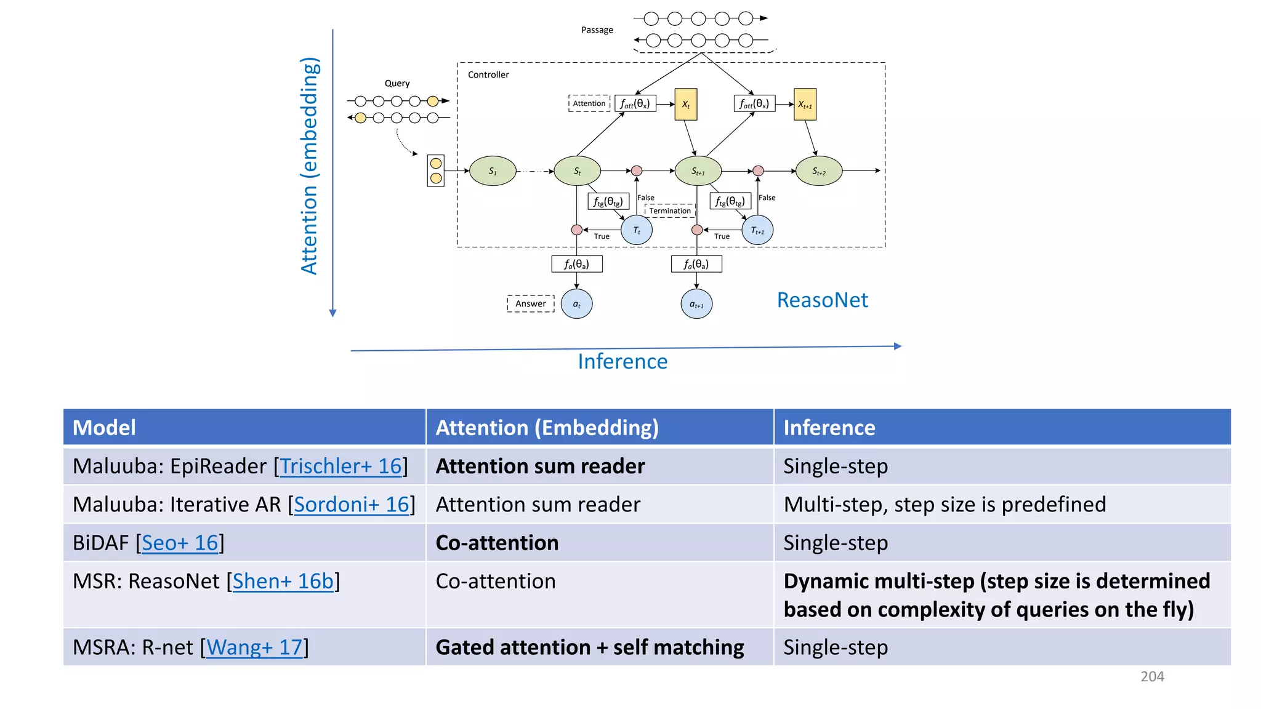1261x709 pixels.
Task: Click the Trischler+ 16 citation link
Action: point(340,467)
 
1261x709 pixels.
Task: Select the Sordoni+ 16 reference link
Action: point(351,505)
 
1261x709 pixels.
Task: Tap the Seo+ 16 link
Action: point(180,543)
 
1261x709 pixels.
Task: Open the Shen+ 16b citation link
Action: point(283,581)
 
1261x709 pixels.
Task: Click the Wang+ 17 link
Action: point(254,647)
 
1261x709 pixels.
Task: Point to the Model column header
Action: point(104,428)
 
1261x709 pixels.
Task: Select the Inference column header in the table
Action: point(829,428)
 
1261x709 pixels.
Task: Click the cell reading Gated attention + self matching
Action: point(589,647)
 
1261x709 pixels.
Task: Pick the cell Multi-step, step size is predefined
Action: point(944,505)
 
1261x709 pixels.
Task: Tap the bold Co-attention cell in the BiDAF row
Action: point(497,543)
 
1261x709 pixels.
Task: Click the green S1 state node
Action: point(493,171)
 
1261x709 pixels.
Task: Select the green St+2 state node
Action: point(818,171)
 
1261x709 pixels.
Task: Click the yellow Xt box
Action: point(686,105)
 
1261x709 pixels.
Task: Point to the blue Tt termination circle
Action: point(637,230)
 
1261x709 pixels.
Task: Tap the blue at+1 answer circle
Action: point(696,304)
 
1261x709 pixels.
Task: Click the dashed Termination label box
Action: point(670,210)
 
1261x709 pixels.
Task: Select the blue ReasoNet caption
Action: point(822,300)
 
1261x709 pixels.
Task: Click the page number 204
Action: point(1152,676)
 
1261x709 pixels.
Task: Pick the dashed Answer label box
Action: point(530,303)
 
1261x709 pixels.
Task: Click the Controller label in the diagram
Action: point(488,74)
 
